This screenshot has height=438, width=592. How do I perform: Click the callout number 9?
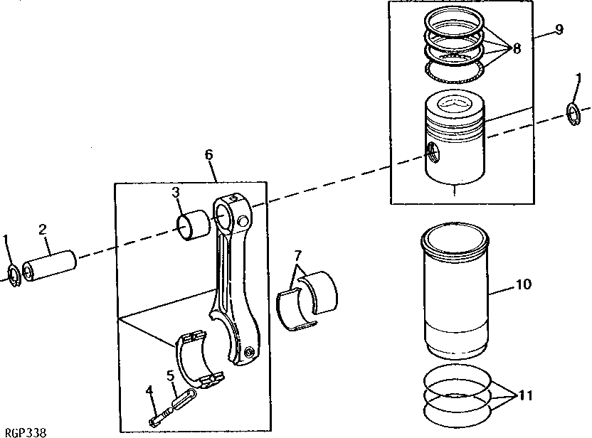click(x=559, y=28)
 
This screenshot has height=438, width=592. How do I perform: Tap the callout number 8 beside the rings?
click(x=517, y=48)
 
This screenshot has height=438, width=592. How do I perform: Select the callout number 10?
click(x=523, y=284)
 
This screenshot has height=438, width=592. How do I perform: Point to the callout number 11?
click(x=526, y=395)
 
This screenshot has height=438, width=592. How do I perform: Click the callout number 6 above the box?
click(x=208, y=154)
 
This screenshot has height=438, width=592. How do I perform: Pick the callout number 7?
click(x=298, y=255)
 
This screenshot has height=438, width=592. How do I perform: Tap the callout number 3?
click(x=176, y=192)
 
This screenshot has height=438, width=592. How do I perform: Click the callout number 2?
click(x=43, y=230)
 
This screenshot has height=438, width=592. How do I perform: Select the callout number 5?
click(x=171, y=375)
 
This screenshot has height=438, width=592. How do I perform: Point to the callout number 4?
click(x=150, y=390)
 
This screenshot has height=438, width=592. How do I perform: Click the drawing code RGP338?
click(x=26, y=432)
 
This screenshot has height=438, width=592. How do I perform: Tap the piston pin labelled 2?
click(x=50, y=266)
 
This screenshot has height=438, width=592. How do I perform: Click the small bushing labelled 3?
click(x=194, y=225)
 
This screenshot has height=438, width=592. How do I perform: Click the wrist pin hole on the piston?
click(x=433, y=152)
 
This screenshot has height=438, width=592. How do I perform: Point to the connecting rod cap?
click(x=199, y=358)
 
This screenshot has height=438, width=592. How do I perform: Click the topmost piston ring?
click(x=454, y=23)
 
